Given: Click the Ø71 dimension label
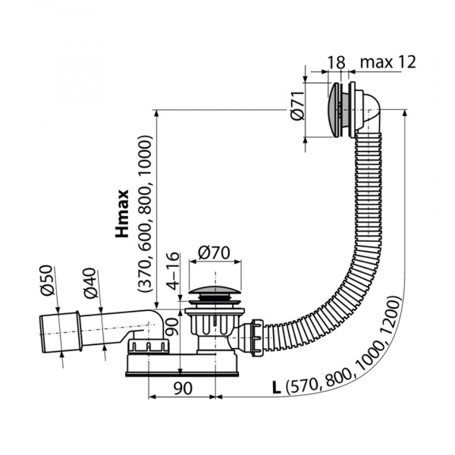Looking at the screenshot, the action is click(x=298, y=105).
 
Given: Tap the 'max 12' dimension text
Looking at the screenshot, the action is click(x=388, y=61).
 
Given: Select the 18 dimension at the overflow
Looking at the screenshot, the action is click(x=337, y=62).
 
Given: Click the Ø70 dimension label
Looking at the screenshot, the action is click(x=214, y=253).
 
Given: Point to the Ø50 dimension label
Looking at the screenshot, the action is click(x=48, y=280).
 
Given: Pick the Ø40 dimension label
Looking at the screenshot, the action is click(x=90, y=283).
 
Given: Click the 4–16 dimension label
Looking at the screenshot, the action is click(x=174, y=271).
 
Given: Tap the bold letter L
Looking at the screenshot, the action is click(x=277, y=388).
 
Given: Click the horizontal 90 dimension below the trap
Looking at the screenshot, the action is click(x=183, y=388).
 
